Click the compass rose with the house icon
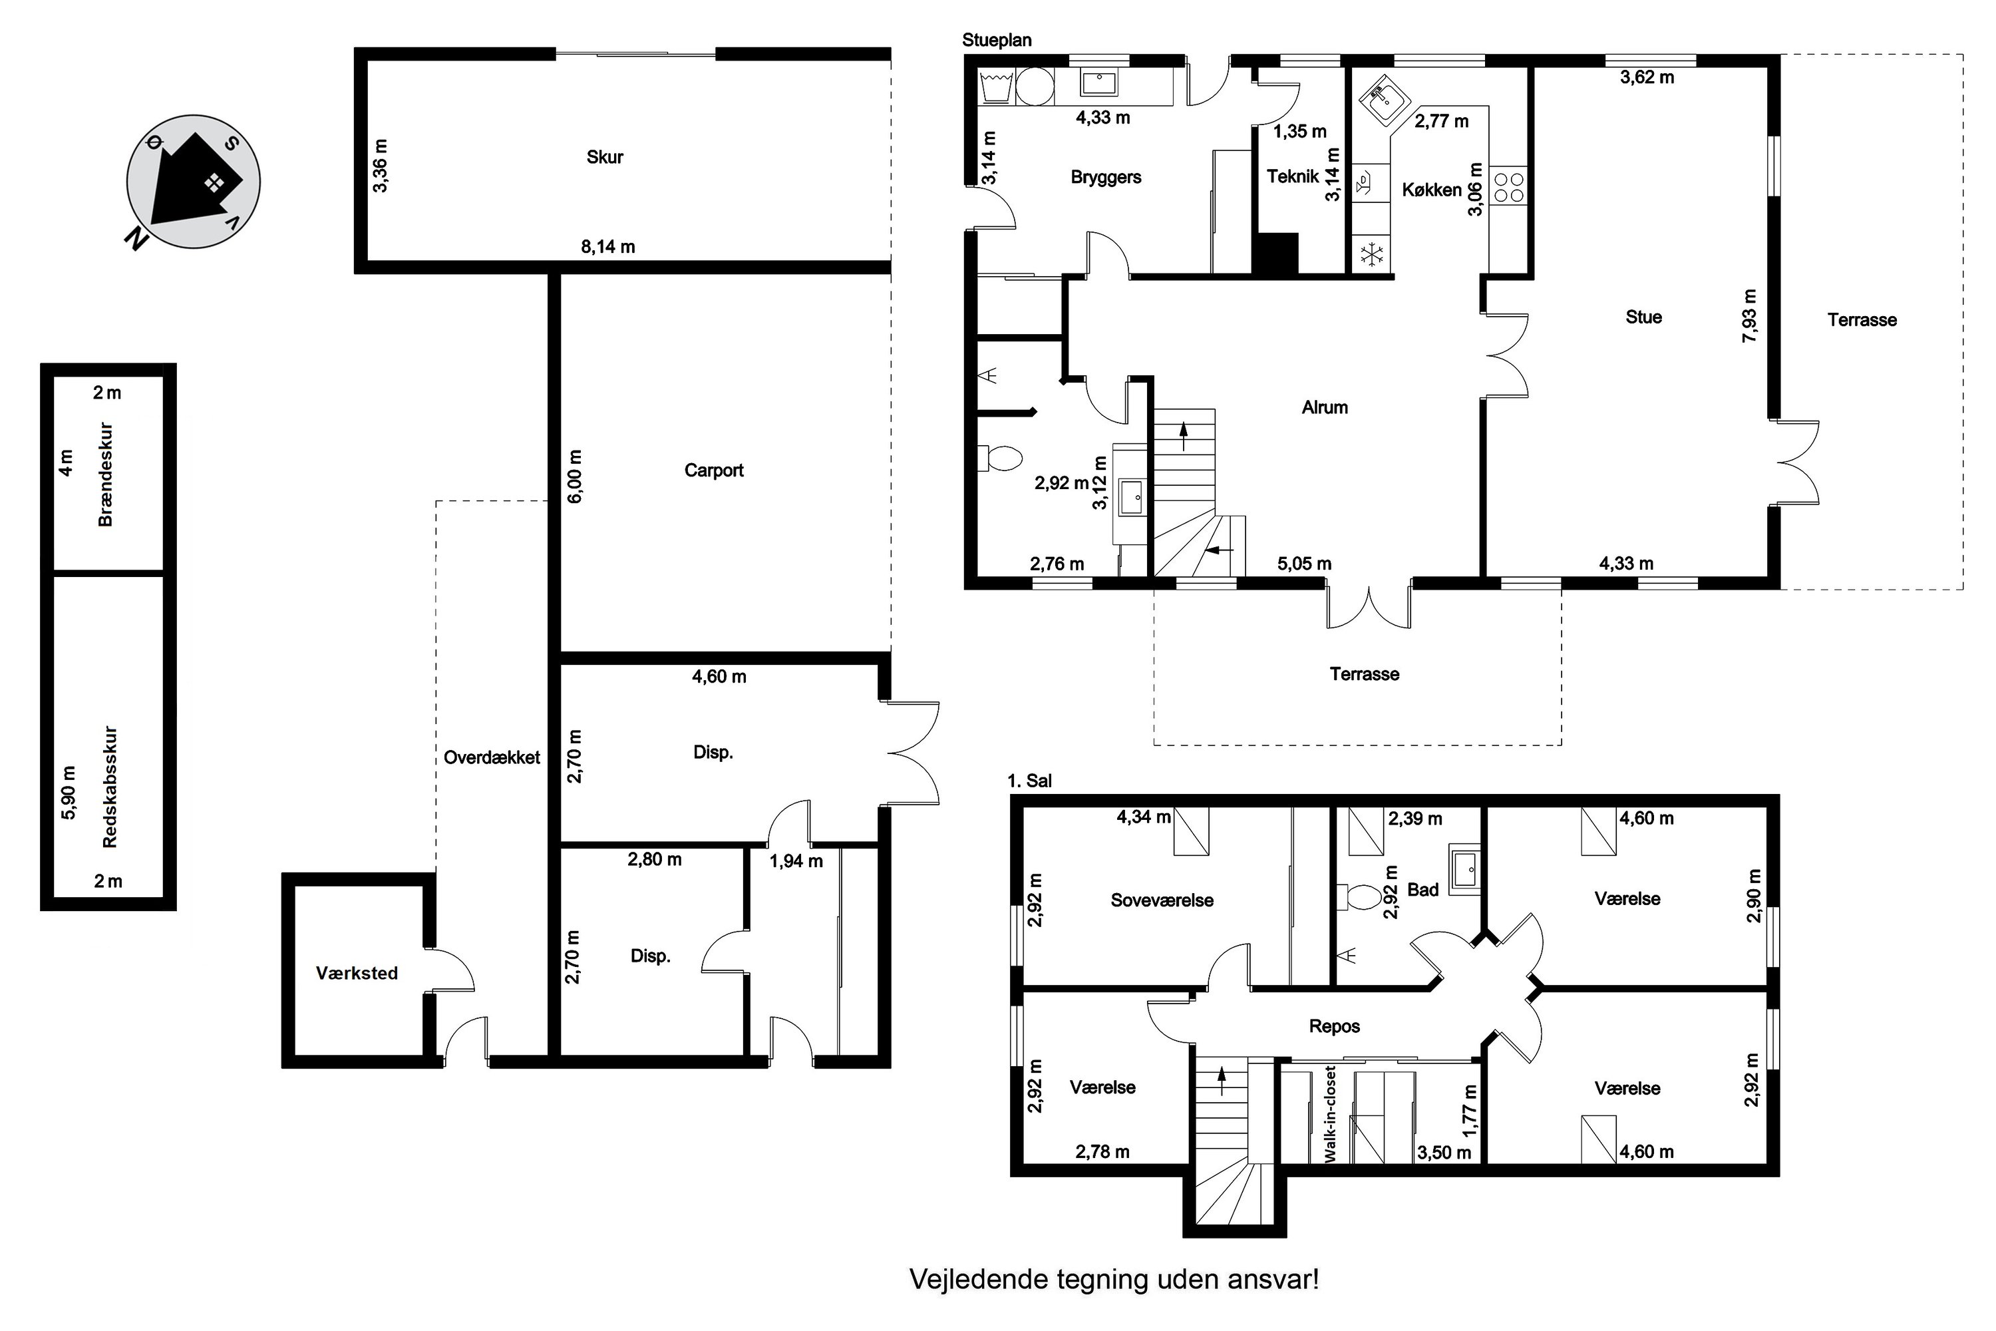point(193,182)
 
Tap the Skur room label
point(605,157)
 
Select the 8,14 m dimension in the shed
point(607,247)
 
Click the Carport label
point(714,471)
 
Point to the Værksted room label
point(357,974)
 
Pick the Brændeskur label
point(106,475)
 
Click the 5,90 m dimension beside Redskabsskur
point(70,793)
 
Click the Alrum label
point(1325,407)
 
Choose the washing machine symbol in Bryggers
point(1035,86)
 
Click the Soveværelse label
point(1162,900)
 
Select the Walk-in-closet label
point(1330,1113)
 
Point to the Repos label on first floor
point(1334,1026)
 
